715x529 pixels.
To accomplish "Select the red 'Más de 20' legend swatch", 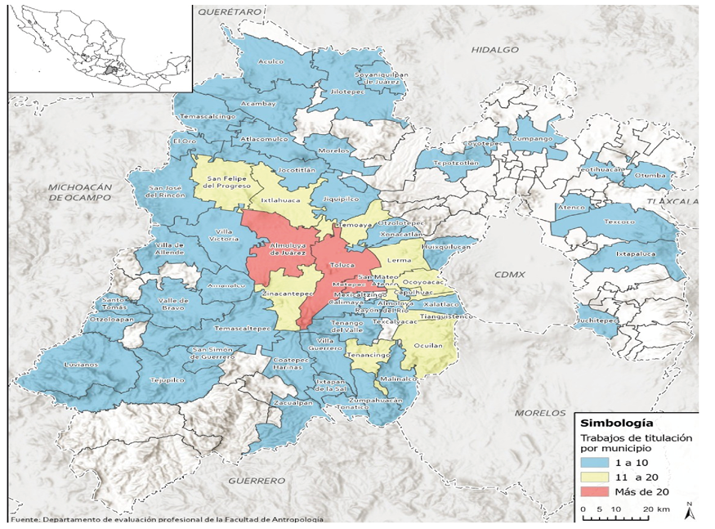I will tap(599, 492).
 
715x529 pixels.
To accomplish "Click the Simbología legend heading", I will tap(616, 424).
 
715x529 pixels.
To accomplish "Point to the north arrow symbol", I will tap(690, 511).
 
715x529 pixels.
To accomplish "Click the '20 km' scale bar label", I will tap(655, 509).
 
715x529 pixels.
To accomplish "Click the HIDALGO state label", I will tap(495, 50).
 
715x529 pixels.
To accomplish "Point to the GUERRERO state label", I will tap(256, 480).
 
